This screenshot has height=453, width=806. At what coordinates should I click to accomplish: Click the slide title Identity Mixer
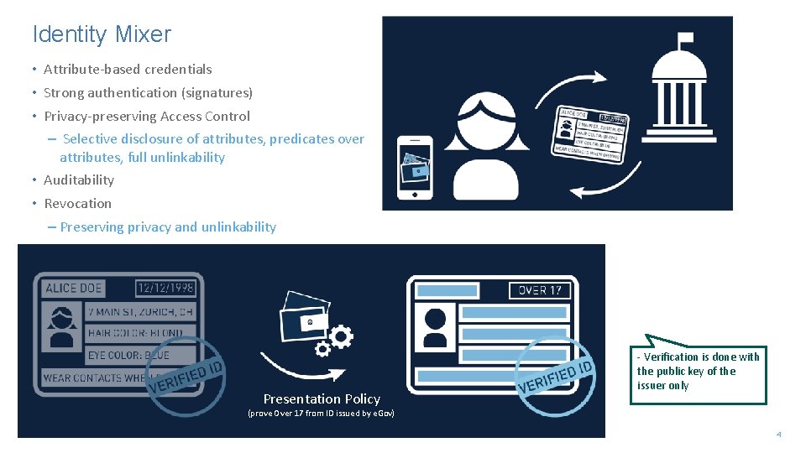point(102,34)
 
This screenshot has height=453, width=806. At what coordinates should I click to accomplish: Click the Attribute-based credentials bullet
point(128,70)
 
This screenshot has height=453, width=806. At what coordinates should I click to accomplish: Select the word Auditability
point(79,180)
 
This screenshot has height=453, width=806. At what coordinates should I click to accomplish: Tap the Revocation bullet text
point(77,204)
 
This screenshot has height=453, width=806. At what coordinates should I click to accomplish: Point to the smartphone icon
point(415,167)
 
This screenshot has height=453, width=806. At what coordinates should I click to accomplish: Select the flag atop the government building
point(685,39)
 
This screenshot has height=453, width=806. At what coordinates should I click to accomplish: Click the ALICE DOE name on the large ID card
point(74,288)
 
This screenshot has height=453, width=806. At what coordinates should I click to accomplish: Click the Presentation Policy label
point(322,399)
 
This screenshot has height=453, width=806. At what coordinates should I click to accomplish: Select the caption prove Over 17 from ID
point(321,414)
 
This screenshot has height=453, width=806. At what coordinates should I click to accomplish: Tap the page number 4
point(778,435)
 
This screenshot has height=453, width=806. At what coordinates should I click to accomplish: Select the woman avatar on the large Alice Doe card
point(61,326)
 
